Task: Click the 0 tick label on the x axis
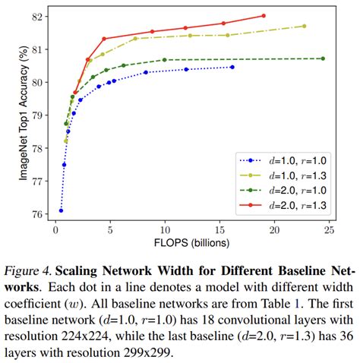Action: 55,229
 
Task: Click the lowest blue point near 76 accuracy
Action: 61,210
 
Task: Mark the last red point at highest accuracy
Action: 264,15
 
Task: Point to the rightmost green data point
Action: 323,58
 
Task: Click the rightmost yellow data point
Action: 304,26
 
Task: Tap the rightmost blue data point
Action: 232,67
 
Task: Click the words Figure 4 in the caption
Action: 30,270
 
